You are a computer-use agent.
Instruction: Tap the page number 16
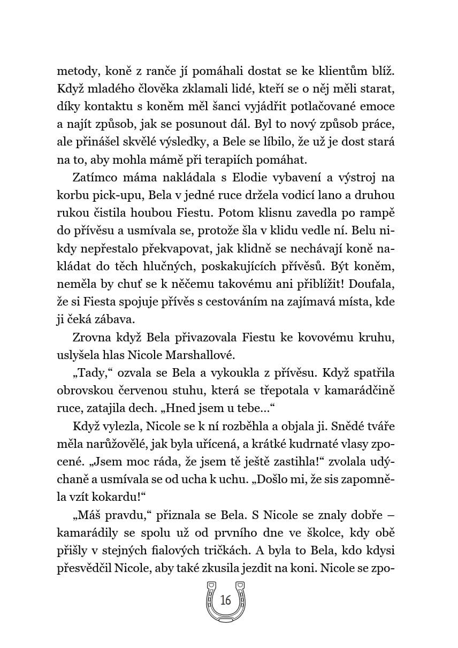point(226,600)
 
